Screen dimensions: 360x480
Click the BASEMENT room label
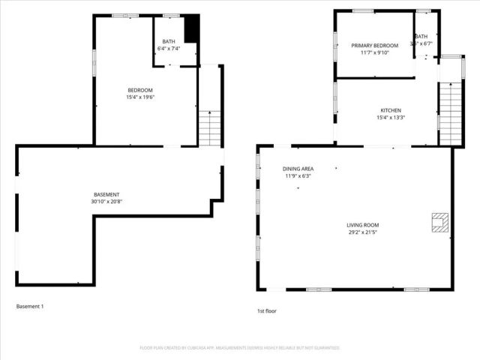click(x=106, y=194)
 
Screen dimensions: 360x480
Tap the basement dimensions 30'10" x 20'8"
click(x=106, y=201)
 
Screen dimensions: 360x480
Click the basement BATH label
click(x=169, y=41)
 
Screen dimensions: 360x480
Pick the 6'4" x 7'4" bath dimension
click(x=169, y=49)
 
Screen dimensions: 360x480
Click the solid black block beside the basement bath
click(x=192, y=29)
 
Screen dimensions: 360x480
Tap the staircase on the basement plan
click(x=210, y=128)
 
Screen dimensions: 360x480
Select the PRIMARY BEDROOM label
click(x=375, y=46)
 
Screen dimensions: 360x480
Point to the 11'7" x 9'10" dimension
click(x=375, y=53)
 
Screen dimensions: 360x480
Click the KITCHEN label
click(x=390, y=110)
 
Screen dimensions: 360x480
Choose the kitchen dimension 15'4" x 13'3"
click(x=390, y=117)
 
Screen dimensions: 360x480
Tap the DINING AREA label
click(x=298, y=169)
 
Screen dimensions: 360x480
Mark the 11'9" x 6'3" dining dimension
click(x=298, y=176)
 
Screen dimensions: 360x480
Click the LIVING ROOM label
click(x=362, y=225)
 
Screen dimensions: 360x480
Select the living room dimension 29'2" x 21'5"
click(x=362, y=232)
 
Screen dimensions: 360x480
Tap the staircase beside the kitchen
click(x=450, y=112)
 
